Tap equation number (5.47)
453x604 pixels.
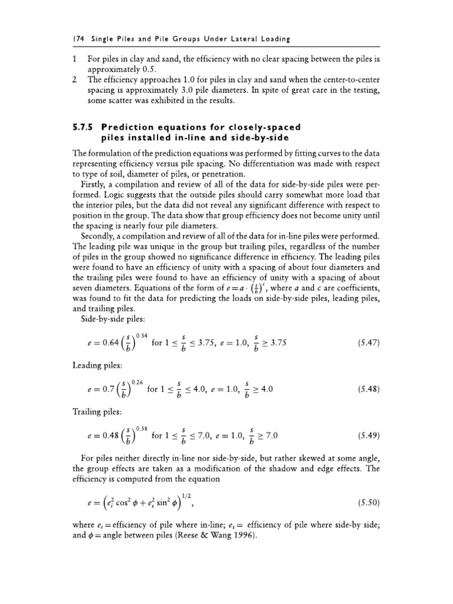pyautogui.click(x=369, y=343)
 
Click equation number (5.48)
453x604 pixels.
pyautogui.click(x=369, y=389)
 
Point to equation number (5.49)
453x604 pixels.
pyautogui.click(x=369, y=436)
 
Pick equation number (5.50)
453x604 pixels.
pyautogui.click(x=369, y=503)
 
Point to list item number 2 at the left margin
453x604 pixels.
pyautogui.click(x=74, y=79)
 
